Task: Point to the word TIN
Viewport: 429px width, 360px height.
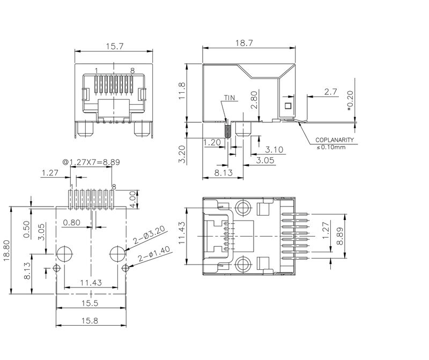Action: click(x=230, y=98)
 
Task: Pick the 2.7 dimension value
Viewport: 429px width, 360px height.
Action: click(x=331, y=92)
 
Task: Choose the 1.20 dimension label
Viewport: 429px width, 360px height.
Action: click(x=211, y=142)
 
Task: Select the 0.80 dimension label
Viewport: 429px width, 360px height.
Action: click(x=72, y=222)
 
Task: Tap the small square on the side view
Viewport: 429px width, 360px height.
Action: click(x=288, y=106)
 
